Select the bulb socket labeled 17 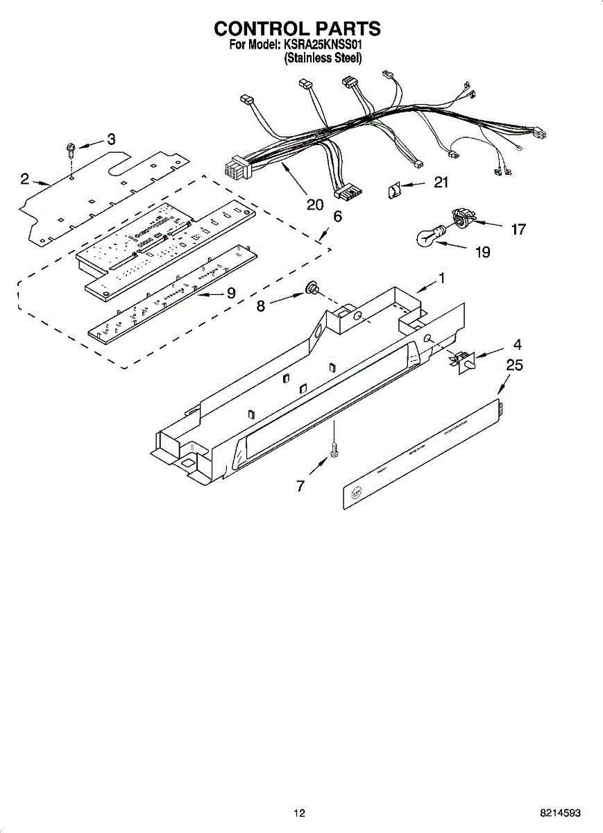click(x=462, y=218)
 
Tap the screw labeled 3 click(x=71, y=148)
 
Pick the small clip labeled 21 click(x=395, y=189)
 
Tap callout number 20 click(x=315, y=204)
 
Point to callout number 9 click(x=230, y=293)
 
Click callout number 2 click(x=24, y=179)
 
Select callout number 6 click(x=337, y=217)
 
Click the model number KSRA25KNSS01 click(x=323, y=45)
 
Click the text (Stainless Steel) click(x=323, y=59)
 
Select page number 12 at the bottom click(x=299, y=813)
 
